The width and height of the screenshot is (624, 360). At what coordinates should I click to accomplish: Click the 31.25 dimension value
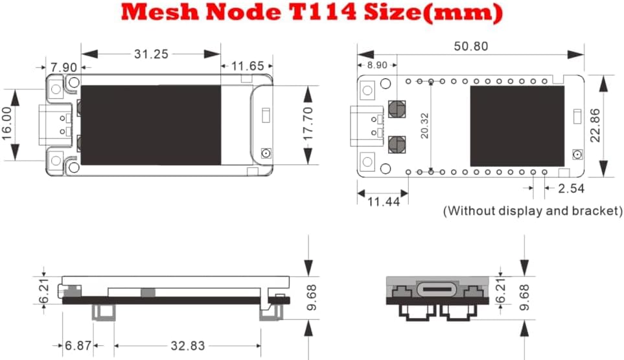(151, 54)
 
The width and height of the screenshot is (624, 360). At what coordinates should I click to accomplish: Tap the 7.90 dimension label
(64, 67)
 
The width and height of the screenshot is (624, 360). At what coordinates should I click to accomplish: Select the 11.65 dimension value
(248, 66)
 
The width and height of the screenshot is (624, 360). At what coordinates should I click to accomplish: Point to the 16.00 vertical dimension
(8, 123)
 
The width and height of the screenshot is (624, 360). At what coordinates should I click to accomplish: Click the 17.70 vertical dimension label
(308, 124)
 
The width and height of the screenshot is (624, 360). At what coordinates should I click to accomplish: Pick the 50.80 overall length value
(471, 47)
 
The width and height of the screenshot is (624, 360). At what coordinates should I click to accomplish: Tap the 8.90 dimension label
(377, 65)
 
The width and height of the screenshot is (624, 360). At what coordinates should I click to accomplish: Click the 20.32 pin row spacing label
(424, 126)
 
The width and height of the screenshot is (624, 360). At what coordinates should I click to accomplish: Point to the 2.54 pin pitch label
(571, 188)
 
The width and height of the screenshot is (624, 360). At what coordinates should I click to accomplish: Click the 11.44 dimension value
(383, 201)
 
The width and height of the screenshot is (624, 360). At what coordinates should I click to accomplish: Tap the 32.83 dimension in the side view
(187, 346)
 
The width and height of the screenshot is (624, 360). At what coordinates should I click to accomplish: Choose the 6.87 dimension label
(78, 346)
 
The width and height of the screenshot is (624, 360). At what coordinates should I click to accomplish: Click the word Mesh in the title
(159, 13)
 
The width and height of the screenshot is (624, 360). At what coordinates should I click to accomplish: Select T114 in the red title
(318, 12)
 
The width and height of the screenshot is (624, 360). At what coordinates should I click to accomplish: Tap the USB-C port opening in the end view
(438, 289)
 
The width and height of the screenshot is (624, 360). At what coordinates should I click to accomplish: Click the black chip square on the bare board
(517, 126)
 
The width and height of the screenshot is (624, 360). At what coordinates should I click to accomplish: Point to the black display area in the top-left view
(151, 125)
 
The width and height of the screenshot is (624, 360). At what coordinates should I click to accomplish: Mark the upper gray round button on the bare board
(397, 109)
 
